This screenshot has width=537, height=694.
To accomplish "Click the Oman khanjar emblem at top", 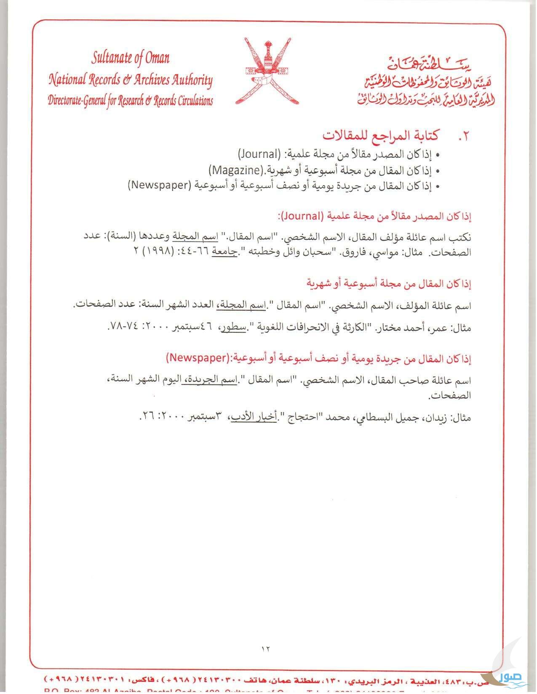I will [x=268, y=72].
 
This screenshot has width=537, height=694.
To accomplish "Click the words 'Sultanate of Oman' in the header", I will [x=131, y=58].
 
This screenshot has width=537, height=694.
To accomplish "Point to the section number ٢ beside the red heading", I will [x=463, y=136].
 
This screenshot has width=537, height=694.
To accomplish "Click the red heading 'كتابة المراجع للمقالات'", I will [x=381, y=135].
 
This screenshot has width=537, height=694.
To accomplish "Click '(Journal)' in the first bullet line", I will [x=259, y=154].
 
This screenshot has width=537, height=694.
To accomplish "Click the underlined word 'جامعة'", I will [x=224, y=252].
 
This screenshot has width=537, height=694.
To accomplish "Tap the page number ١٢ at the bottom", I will [x=265, y=648].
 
